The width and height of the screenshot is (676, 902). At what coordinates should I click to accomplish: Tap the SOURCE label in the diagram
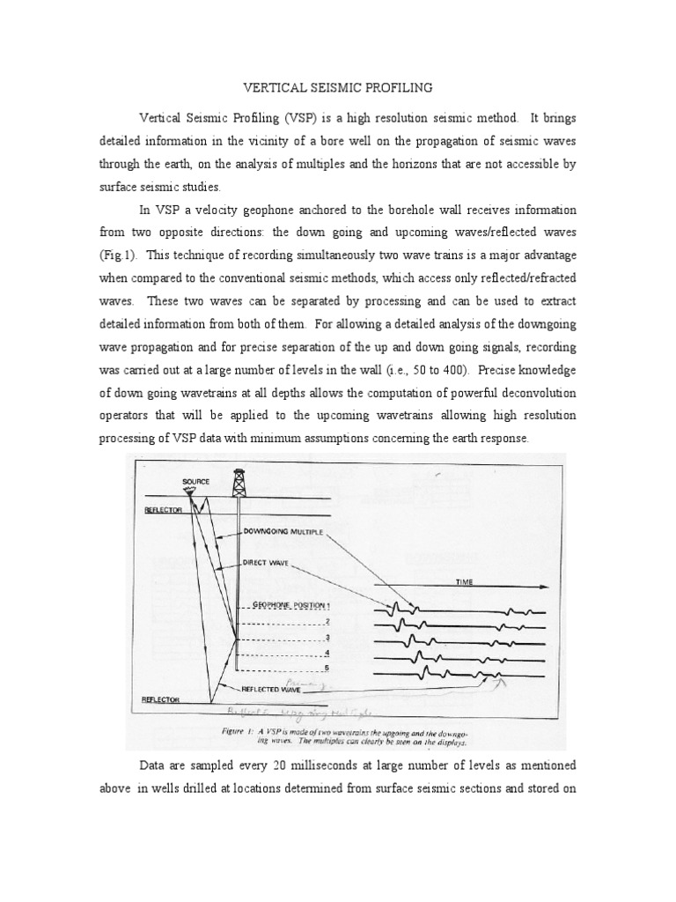pyautogui.click(x=195, y=482)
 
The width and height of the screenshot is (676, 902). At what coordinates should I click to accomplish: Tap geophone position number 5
pyautogui.click(x=327, y=669)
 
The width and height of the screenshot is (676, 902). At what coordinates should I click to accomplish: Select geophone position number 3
pyautogui.click(x=327, y=637)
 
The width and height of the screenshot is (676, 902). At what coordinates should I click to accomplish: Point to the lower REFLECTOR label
pyautogui.click(x=161, y=699)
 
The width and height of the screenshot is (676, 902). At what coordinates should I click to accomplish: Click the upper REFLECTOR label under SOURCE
pyautogui.click(x=161, y=509)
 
